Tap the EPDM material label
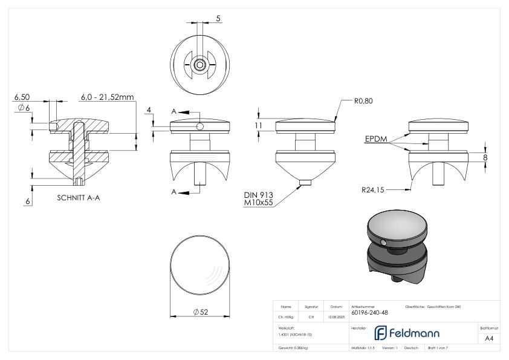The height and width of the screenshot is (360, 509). tap(375, 139)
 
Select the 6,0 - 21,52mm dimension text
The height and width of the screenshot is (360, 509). tap(108, 96)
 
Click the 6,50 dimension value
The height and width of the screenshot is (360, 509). tap(22, 96)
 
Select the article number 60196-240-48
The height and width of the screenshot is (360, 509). tap(369, 313)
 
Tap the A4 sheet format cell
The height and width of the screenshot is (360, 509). tap(489, 339)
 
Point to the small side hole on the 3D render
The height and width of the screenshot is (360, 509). tap(384, 243)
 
